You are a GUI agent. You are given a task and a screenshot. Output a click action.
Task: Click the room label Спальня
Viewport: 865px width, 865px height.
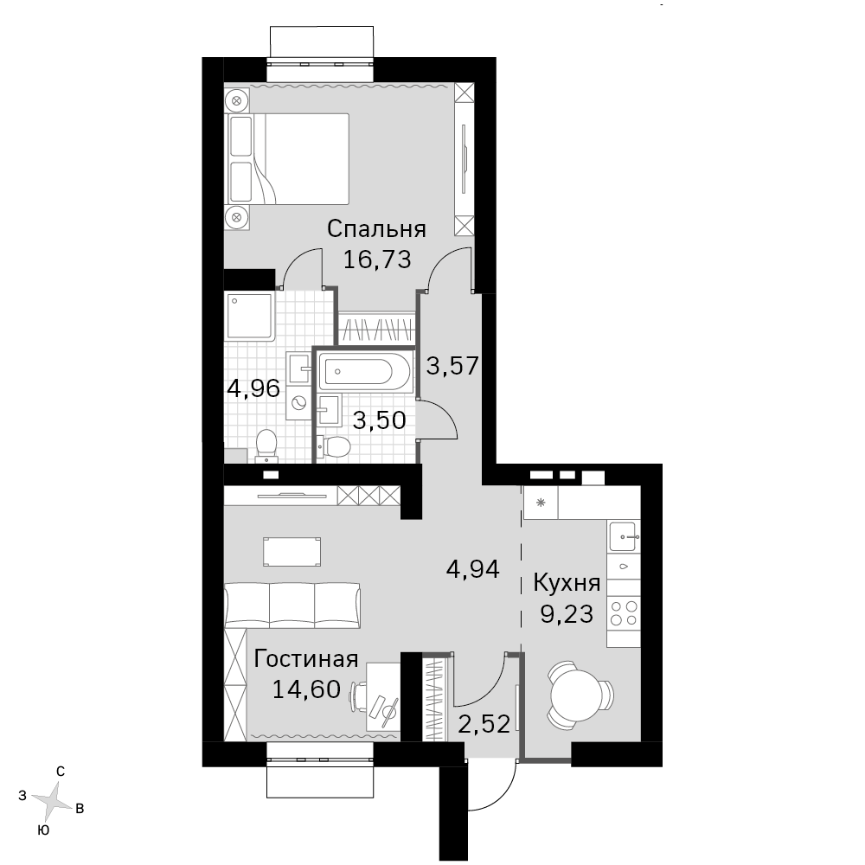pos(376,228)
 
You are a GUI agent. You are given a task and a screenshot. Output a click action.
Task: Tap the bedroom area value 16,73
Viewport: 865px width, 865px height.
pos(377,259)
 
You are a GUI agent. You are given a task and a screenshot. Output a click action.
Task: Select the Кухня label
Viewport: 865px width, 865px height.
pos(567,583)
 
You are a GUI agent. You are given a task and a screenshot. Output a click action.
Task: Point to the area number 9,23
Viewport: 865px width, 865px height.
pos(567,614)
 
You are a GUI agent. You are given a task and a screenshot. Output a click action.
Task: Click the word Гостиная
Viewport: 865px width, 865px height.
pos(306,658)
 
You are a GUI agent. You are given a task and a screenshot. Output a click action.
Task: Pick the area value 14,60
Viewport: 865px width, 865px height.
pos(306,689)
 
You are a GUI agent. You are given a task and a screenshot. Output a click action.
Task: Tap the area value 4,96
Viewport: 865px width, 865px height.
pos(253,389)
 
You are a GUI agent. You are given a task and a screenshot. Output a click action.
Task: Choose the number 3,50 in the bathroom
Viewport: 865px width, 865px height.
pos(380,420)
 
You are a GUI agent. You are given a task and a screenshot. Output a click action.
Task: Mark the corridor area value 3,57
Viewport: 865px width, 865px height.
pos(452,366)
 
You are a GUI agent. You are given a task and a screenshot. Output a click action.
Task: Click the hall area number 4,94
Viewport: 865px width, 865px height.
pos(473,569)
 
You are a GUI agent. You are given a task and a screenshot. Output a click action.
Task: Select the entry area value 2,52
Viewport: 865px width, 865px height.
pos(484,724)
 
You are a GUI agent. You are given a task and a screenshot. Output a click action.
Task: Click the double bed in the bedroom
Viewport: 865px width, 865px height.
pos(287,159)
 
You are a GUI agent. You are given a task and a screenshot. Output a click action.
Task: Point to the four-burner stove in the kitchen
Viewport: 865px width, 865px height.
pos(624,613)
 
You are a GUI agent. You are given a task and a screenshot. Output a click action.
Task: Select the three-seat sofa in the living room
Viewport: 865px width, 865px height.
pos(292,605)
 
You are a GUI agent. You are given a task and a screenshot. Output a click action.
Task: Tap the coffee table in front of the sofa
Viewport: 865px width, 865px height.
pos(292,552)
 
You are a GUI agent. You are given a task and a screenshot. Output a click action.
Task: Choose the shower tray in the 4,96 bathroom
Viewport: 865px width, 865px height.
pos(250,316)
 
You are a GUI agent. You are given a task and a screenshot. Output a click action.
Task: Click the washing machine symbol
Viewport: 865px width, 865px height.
pos(299,403)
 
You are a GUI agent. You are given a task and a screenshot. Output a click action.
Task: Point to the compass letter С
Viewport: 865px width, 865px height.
pos(61,772)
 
